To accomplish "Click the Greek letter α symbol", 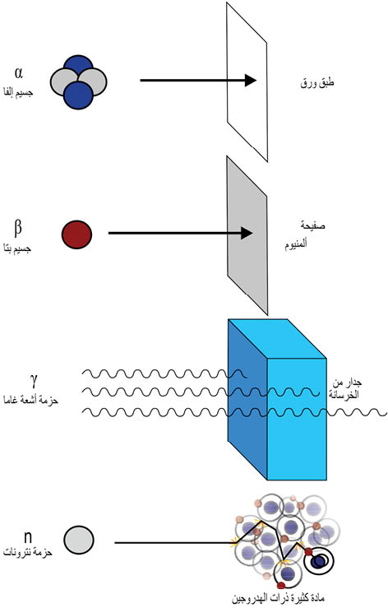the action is tap(19, 73).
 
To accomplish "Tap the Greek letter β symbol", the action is tap(18, 228).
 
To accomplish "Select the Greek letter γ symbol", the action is tap(34, 381).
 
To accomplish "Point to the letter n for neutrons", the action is tap(27, 537).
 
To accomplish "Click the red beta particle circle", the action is tap(76, 234).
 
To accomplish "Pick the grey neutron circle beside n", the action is tap(79, 540).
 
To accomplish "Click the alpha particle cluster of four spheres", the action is tap(79, 81).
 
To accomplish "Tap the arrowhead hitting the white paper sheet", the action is tap(251, 81).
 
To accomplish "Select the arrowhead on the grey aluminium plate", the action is tap(247, 234).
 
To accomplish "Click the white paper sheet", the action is tap(247, 81).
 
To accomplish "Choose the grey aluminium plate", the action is tap(247, 236).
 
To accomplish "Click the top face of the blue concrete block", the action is tap(277, 338).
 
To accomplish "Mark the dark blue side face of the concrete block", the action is tap(247, 399).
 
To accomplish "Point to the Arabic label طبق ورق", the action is tap(317, 83).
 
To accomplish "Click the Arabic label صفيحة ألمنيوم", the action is tap(305, 235).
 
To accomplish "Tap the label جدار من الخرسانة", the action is tap(346, 389).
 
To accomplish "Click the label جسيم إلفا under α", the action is tap(18, 93).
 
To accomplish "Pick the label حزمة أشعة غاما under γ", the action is tap(30, 400).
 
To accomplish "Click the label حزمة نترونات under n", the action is tap(28, 552).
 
